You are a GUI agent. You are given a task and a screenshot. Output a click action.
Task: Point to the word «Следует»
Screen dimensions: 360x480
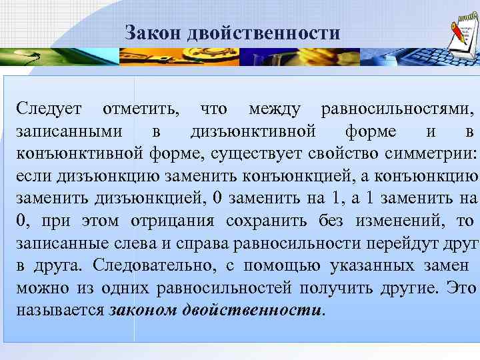[x=49, y=108]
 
